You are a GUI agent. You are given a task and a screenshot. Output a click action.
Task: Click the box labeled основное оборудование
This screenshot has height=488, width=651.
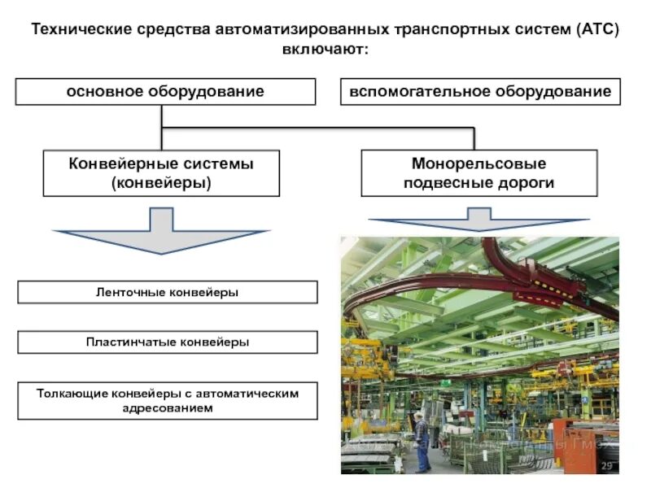coord(165,91)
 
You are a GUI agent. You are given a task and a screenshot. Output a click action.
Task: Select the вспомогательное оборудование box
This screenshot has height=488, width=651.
coord(480,91)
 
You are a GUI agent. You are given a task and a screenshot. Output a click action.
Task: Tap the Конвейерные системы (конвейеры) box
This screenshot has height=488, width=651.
coord(161,173)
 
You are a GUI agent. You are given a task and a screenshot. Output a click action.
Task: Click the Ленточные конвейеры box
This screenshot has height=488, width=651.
coord(168,292)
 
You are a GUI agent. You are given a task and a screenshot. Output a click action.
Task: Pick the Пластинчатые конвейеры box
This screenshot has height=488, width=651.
coord(168,342)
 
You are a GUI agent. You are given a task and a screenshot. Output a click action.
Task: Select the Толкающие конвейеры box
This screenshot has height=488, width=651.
coord(168,400)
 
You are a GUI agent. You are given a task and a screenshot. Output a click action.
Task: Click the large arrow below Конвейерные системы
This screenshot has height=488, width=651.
coord(161,231)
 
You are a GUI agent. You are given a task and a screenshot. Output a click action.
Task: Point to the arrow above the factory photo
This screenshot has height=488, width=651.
coord(478,220)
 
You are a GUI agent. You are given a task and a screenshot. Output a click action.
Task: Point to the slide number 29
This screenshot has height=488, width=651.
coord(606,465)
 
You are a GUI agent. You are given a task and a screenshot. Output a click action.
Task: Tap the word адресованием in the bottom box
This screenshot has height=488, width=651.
coord(168,408)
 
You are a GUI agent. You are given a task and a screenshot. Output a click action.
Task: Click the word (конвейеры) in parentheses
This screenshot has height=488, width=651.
coord(161,183)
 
